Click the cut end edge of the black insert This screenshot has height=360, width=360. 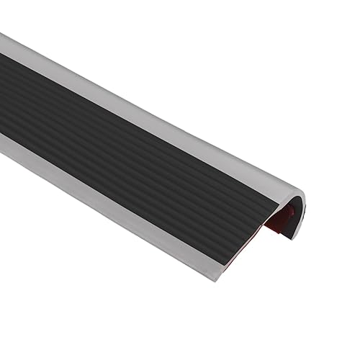[259, 230]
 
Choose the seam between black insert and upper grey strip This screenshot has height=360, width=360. [144, 108]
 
